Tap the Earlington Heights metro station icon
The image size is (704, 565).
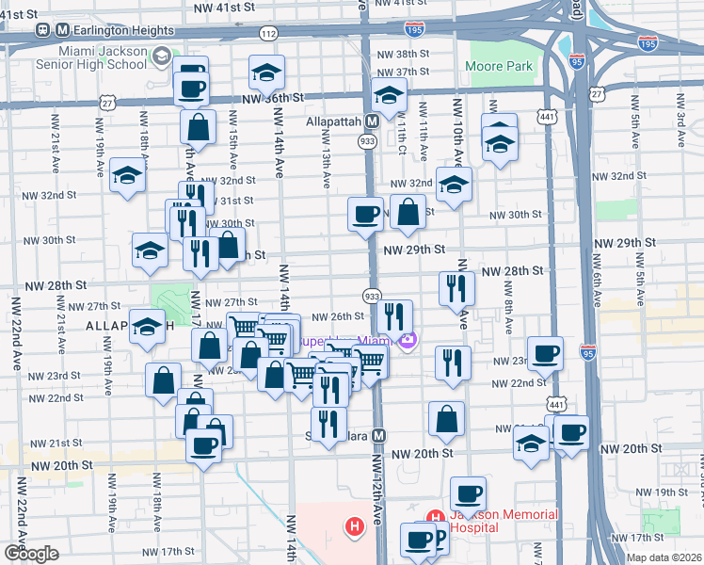(x=42, y=29)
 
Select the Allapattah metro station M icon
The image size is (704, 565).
(x=374, y=121)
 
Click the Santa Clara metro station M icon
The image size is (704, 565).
(x=378, y=436)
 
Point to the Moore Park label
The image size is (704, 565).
(x=499, y=67)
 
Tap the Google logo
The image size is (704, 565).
(x=30, y=553)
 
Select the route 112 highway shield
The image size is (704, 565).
(x=269, y=34)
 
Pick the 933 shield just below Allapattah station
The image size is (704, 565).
(x=367, y=140)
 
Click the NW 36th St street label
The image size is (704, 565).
(x=273, y=98)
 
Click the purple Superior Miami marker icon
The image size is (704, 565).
(x=407, y=340)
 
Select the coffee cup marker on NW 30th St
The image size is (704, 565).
(x=364, y=212)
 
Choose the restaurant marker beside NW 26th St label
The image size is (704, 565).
(x=395, y=315)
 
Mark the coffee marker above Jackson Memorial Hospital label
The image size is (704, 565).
(x=468, y=492)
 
